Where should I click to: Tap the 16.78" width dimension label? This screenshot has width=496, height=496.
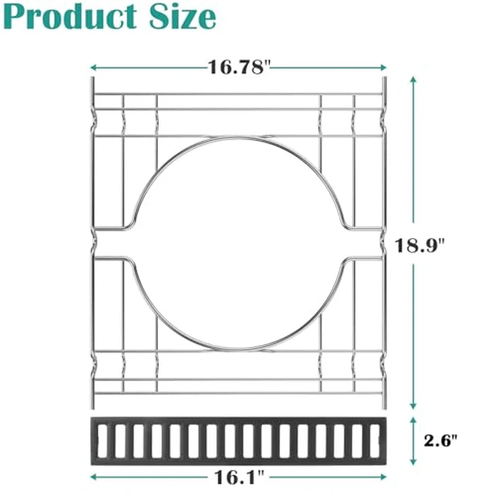[x=239, y=67]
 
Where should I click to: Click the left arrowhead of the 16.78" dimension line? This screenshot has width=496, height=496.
[x=93, y=68]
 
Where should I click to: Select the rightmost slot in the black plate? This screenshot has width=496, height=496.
[x=376, y=440]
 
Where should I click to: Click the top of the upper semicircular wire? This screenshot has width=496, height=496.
[x=239, y=135]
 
